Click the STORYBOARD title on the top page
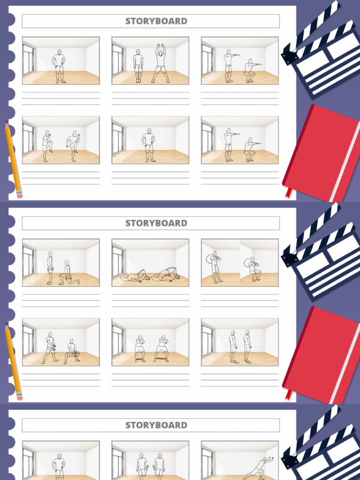tap(156, 21)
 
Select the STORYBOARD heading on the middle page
tap(156, 223)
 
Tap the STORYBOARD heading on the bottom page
tap(156, 425)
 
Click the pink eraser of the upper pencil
tap(19, 194)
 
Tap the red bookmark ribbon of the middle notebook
tap(288, 394)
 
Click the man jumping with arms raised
tap(161, 63)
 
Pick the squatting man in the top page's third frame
tap(250, 71)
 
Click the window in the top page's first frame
tap(28, 60)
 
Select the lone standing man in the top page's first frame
tap(59, 66)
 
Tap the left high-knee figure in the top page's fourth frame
tap(46, 146)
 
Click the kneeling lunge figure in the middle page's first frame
tap(68, 274)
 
